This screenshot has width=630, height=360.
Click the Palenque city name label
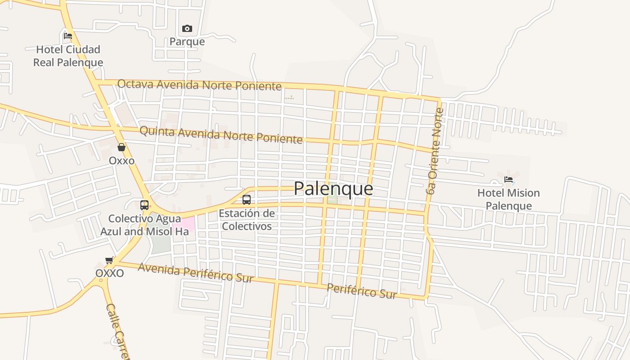pos(333,189)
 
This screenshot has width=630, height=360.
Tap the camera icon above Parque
pos(187,29)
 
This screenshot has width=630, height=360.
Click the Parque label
pos(187,42)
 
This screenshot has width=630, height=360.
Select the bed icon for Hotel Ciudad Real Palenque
pos(68,36)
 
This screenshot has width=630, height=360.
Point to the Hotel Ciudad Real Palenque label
pos(68,56)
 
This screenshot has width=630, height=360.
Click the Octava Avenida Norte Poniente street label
pos(199,84)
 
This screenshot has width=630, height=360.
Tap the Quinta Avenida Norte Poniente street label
pos(221,135)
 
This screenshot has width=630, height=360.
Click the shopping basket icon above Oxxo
pos(121,147)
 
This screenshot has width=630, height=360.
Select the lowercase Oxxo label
pos(121,161)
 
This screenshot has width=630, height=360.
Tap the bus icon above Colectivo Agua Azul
pos(144,205)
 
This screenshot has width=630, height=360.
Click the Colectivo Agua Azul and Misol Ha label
pos(144,225)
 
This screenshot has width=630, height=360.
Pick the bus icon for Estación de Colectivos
pos(247,200)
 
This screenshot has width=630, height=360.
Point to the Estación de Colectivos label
pos(247,220)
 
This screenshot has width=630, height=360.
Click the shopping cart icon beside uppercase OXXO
pos(109,261)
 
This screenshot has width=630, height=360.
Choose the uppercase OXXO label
pos(109,273)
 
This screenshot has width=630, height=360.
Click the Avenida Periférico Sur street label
pos(196,272)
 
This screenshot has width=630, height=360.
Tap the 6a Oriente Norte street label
pos(435,151)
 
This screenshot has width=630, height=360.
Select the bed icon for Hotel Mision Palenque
pos(508,180)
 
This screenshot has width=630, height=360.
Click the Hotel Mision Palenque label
pos(508,199)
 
